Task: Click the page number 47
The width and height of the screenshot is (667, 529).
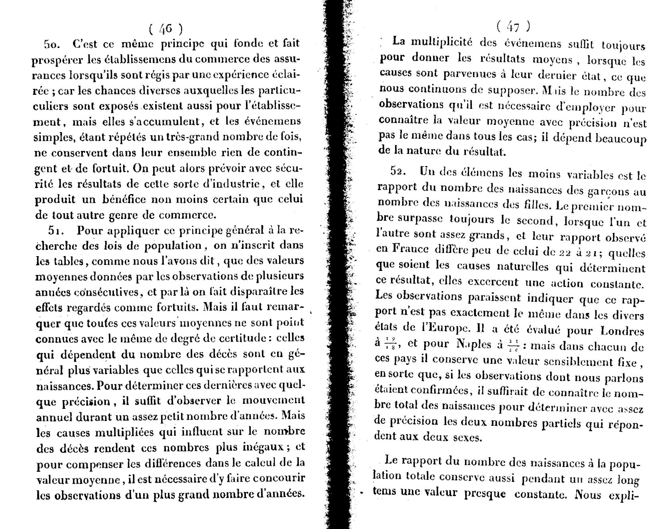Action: pyautogui.click(x=513, y=27)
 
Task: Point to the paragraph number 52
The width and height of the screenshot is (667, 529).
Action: pyautogui.click(x=398, y=171)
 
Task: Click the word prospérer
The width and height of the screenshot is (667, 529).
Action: pyautogui.click(x=57, y=60)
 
